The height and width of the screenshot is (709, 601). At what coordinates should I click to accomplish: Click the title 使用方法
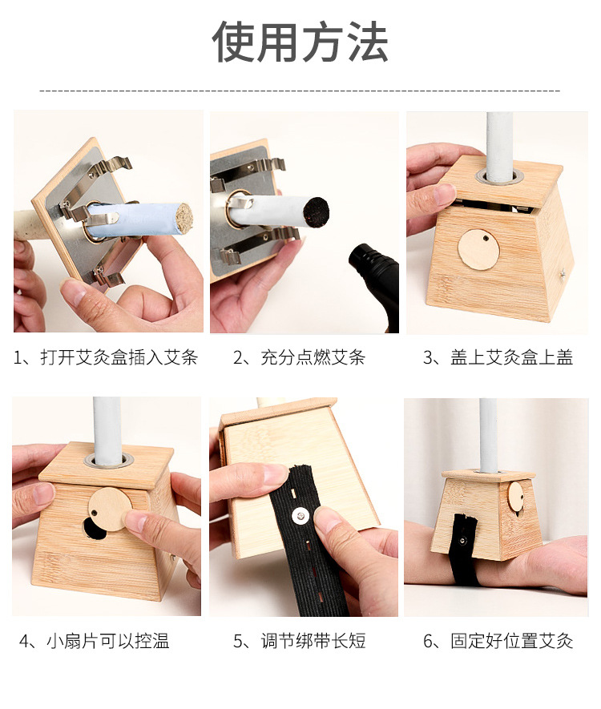point(300,42)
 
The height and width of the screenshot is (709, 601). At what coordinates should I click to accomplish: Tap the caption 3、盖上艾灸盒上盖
point(498,357)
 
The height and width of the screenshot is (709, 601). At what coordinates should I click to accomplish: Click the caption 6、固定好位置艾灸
point(498,641)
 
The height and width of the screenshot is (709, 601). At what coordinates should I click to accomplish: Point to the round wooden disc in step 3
point(478,250)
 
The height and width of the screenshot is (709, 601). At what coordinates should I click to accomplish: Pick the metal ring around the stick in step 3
point(500,174)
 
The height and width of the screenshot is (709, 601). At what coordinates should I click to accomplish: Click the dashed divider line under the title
point(300,91)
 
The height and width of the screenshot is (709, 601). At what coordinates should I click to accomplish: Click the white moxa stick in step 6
point(488,433)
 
